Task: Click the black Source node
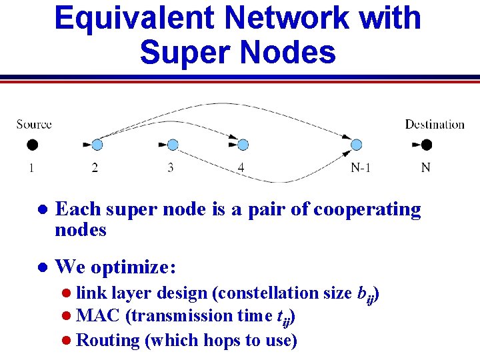click(31, 145)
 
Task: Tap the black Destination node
click(427, 145)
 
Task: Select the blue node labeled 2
click(97, 145)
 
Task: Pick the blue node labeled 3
click(173, 145)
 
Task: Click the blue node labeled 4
click(243, 145)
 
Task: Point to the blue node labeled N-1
click(357, 145)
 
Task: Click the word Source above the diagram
click(34, 124)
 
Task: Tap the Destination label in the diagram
click(435, 124)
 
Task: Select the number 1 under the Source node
click(31, 168)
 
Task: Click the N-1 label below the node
click(361, 167)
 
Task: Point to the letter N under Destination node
click(425, 167)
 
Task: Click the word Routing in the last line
click(107, 340)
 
